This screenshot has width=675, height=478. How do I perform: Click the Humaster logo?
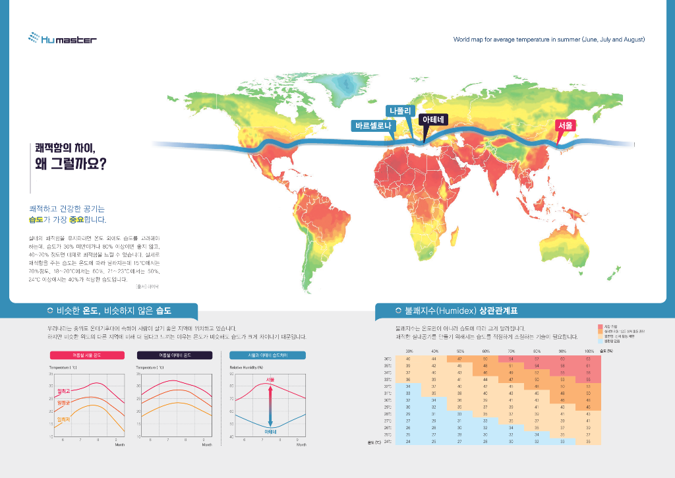click(x=63, y=39)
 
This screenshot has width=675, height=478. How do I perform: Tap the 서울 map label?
click(x=565, y=125)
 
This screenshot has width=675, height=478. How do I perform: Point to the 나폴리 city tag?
click(x=400, y=110)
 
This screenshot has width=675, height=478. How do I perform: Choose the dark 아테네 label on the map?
click(x=434, y=119)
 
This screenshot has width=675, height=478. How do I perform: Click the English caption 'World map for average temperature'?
click(x=548, y=40)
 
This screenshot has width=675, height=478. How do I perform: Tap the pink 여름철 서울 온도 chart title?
click(x=88, y=355)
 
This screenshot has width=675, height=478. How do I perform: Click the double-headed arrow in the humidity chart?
click(x=270, y=405)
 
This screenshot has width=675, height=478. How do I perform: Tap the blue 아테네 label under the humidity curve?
click(x=270, y=431)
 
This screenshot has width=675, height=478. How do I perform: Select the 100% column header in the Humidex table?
click(x=588, y=351)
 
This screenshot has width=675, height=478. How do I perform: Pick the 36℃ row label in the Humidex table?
click(x=388, y=358)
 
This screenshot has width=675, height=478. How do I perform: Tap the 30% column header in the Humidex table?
click(x=409, y=351)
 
